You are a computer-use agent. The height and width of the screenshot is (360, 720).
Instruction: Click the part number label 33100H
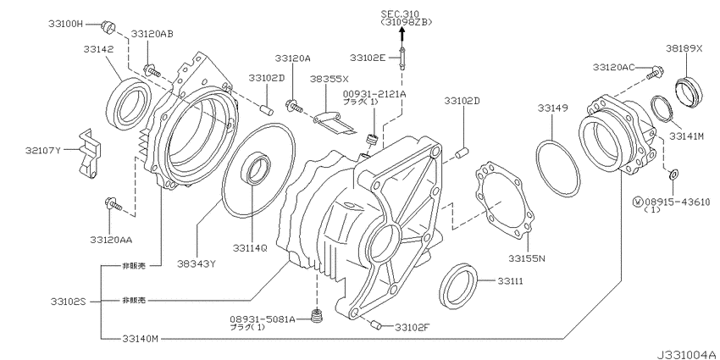(65, 24)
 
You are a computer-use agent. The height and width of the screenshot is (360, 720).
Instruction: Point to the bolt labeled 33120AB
(152, 70)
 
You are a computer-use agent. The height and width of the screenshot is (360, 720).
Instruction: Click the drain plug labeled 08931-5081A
(318, 317)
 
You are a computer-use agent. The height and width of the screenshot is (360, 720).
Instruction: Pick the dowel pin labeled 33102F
(375, 324)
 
